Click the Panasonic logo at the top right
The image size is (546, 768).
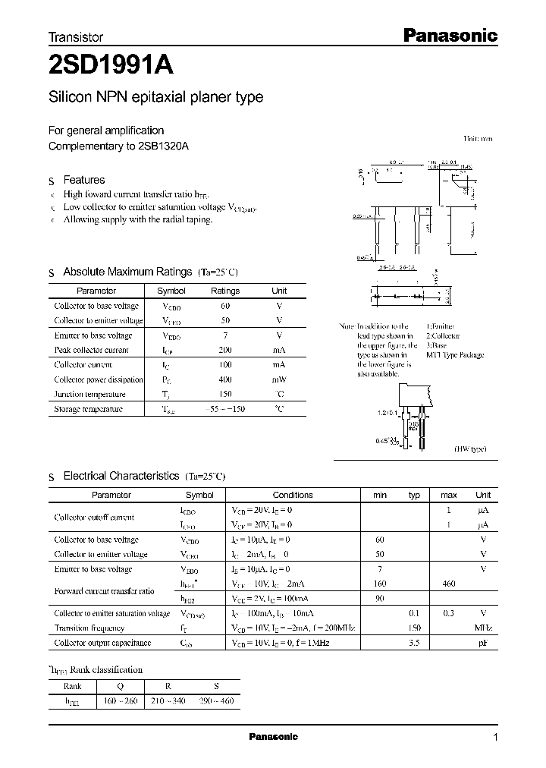(448, 35)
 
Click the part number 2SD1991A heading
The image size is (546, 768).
(111, 66)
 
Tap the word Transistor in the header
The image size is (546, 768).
(76, 36)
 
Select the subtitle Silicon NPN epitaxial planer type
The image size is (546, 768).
(155, 97)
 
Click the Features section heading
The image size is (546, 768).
(83, 180)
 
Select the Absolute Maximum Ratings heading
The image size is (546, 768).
(127, 272)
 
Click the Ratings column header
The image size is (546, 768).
(225, 291)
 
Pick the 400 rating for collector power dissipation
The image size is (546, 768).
(225, 379)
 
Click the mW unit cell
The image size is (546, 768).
(279, 379)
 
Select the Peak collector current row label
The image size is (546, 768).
(92, 350)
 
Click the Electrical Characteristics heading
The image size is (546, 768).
(121, 476)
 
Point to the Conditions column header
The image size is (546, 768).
(292, 495)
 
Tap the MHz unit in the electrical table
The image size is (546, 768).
(482, 628)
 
